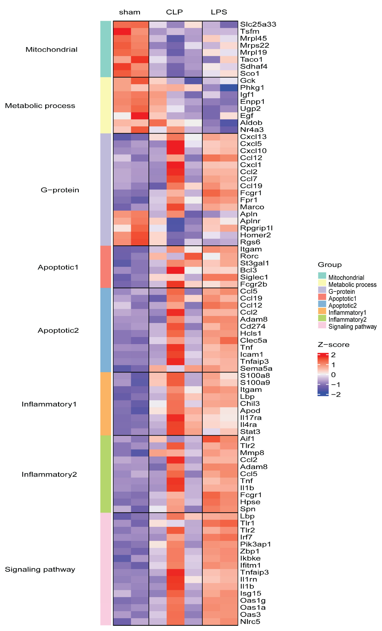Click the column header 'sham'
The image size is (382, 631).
point(130,12)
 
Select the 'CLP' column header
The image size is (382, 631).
point(174,12)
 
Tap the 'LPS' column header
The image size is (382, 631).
point(219,12)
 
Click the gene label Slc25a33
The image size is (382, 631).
point(258,24)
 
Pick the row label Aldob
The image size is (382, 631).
point(251,123)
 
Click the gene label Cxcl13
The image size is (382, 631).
point(253,137)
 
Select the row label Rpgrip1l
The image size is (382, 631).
point(256,228)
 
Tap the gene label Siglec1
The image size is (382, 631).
point(254,277)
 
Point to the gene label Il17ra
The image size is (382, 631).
point(251,418)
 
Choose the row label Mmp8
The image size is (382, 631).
point(252,453)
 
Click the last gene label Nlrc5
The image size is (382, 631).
point(250,622)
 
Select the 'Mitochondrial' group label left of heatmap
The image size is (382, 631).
point(51,50)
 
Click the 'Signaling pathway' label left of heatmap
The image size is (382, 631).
point(40,569)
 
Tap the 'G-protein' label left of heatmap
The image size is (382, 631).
point(60,190)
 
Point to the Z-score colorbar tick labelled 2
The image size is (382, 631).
point(333,355)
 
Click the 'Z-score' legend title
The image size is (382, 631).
point(333,345)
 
